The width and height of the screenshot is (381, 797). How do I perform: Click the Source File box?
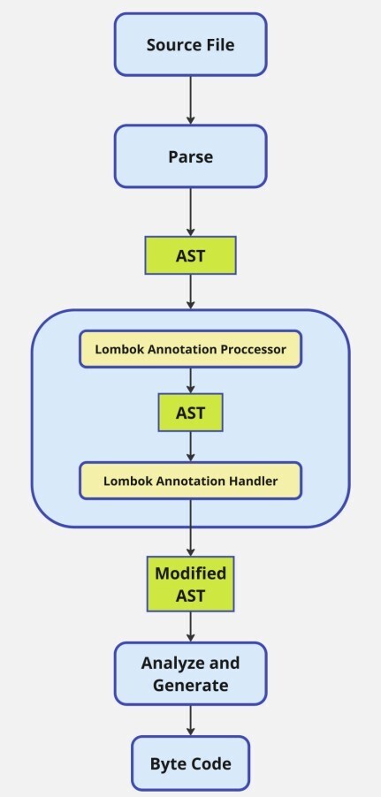190,44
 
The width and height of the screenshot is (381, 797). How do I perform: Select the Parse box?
190,156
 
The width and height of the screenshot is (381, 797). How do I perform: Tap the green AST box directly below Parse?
190,255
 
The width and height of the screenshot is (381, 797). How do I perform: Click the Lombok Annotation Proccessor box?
190,348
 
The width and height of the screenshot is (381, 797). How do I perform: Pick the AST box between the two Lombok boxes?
190,413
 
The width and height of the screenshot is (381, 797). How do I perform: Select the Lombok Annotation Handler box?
190,481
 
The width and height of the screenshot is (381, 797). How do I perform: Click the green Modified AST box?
190,584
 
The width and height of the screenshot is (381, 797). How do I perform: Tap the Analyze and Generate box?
190,673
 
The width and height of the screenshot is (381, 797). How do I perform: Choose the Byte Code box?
190,762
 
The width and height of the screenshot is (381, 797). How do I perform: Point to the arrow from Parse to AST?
190,212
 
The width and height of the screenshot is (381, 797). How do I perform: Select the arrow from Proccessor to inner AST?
190,380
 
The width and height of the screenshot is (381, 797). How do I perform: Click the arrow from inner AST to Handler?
190,447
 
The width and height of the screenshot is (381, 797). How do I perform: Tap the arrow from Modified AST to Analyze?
190,626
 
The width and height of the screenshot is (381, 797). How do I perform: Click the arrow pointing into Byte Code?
190,719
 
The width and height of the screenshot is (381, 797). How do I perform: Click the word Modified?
190,573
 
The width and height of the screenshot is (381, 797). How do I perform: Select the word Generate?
190,685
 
